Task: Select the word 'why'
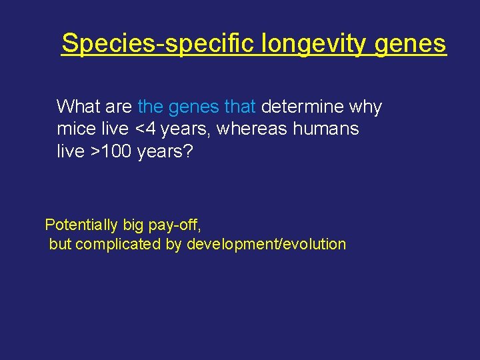pyautogui.click(x=369, y=107)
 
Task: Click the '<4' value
pyautogui.click(x=159, y=129)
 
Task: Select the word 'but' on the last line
pyautogui.click(x=60, y=244)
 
